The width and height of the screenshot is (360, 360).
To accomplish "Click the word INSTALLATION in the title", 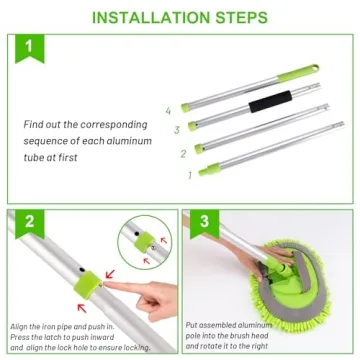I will pos(144,17).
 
